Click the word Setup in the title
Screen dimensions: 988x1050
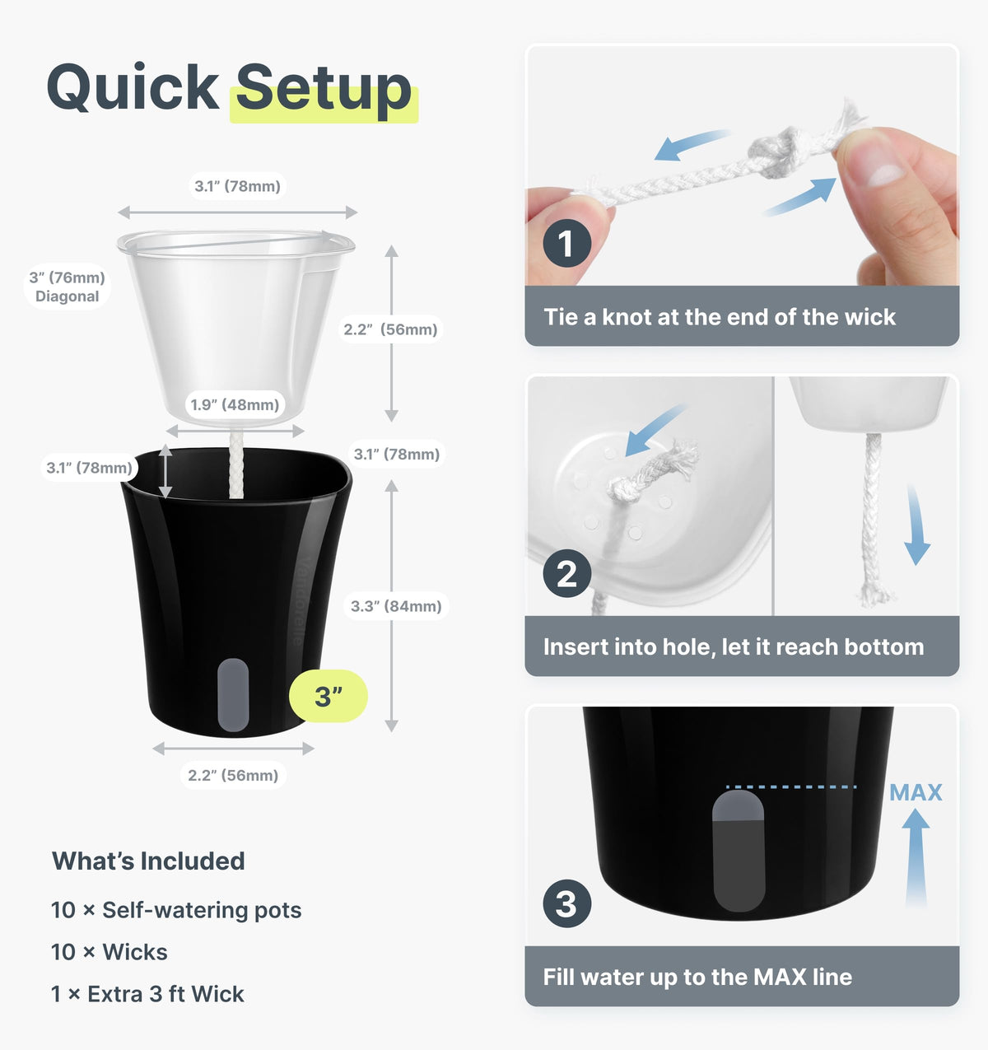pyautogui.click(x=324, y=88)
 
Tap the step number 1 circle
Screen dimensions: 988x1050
pyautogui.click(x=566, y=243)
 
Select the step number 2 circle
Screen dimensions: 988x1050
pyautogui.click(x=566, y=574)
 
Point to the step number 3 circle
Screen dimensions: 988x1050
pyautogui.click(x=566, y=903)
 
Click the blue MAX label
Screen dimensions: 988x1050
pyautogui.click(x=916, y=792)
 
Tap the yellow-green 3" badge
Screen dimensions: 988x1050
pyautogui.click(x=329, y=696)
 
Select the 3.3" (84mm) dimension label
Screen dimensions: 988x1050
pyautogui.click(x=396, y=606)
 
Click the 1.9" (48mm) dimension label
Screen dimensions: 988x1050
pyautogui.click(x=235, y=404)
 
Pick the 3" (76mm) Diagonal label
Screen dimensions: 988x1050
pyautogui.click(x=68, y=287)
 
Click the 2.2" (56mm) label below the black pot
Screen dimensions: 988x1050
pyautogui.click(x=233, y=775)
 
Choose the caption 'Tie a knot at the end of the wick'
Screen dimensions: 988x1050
pyautogui.click(x=720, y=317)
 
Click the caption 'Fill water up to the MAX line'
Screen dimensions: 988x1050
pyautogui.click(x=697, y=977)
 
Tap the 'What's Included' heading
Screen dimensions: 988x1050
pyautogui.click(x=148, y=861)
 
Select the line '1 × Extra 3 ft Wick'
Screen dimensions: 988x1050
pyautogui.click(x=147, y=994)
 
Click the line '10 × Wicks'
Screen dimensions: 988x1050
pyautogui.click(x=110, y=952)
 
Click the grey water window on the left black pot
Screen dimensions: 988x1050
pyautogui.click(x=233, y=695)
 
